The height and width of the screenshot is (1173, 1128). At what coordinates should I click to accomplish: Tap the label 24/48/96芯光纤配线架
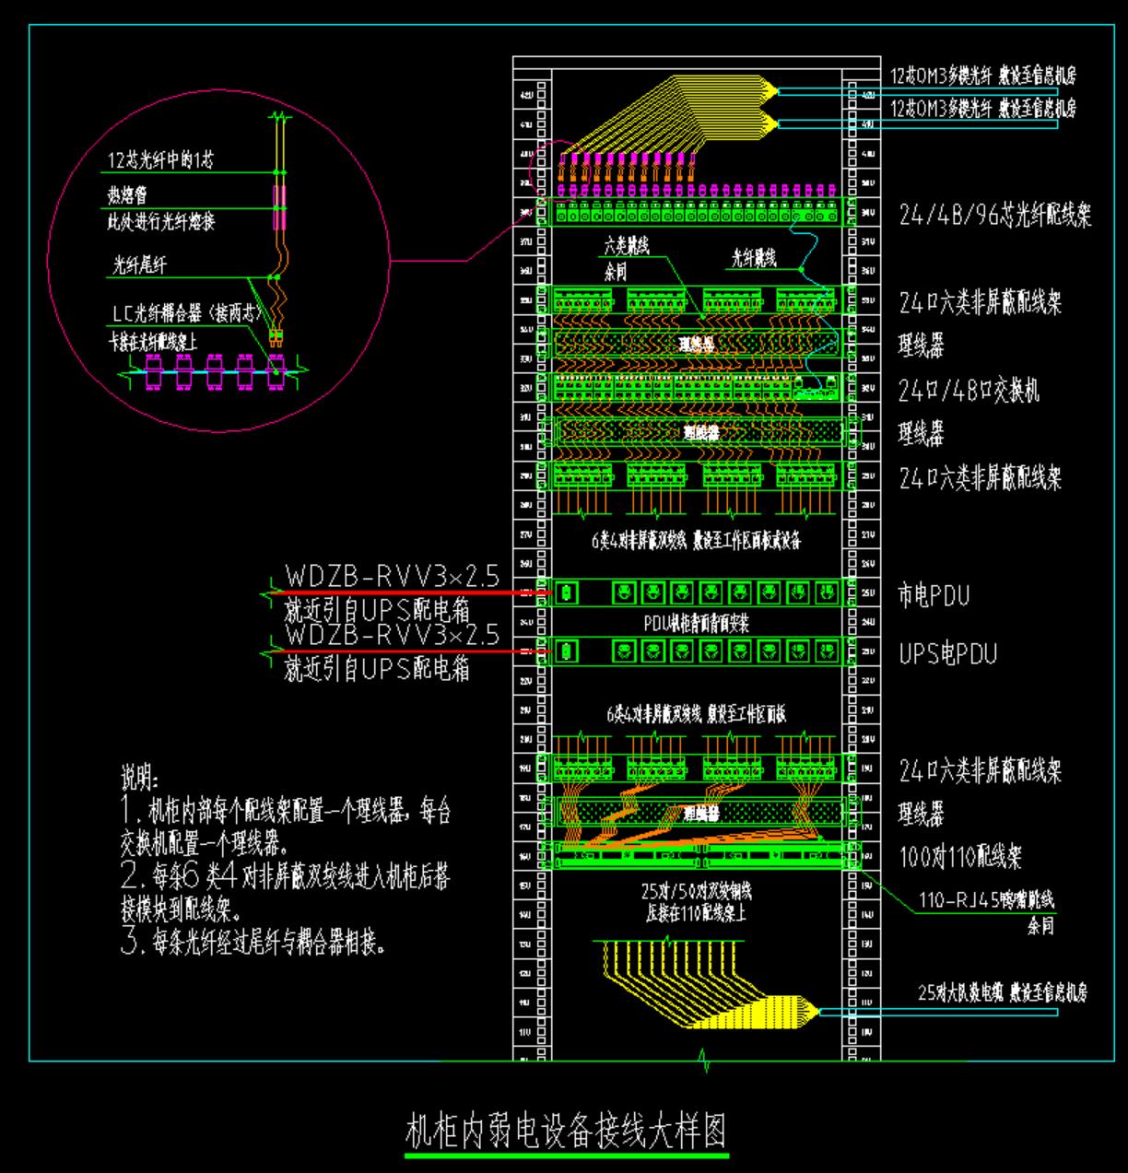(x=995, y=217)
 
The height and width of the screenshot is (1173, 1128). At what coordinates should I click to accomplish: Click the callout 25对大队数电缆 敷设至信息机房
(x=1002, y=993)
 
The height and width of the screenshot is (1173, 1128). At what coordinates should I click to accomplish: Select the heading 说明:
(x=140, y=778)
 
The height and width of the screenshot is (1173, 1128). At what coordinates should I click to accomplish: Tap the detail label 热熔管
(x=127, y=195)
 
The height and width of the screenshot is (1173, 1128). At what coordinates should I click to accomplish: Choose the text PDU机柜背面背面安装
(x=696, y=624)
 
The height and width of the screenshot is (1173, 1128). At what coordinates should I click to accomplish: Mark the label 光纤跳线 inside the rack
(x=754, y=259)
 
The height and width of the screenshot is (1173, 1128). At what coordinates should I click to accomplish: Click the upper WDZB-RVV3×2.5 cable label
(x=392, y=577)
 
